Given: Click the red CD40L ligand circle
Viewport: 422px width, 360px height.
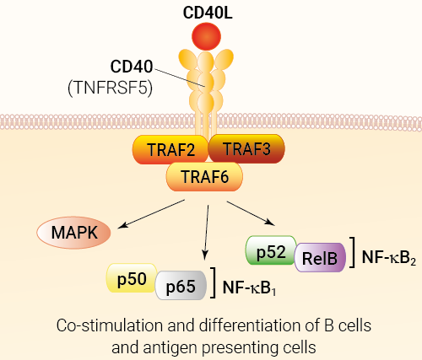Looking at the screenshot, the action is click(206, 36).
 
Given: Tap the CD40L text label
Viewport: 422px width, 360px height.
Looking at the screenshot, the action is click(208, 13).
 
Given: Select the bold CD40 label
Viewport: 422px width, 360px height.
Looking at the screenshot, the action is click(132, 67).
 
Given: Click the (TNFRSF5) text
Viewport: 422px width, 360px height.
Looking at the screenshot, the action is click(110, 88).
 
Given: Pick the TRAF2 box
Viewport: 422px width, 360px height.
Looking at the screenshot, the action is click(170, 149).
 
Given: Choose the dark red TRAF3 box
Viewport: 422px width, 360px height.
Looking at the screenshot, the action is click(246, 148).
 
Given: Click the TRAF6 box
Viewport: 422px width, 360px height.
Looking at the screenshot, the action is click(204, 177).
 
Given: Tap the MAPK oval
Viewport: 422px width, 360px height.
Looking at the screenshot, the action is click(73, 233).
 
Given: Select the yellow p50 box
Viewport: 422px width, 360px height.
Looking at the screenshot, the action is click(132, 278).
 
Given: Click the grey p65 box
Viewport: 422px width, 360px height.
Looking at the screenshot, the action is click(181, 285).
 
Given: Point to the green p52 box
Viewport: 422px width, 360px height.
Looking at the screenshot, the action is click(271, 250).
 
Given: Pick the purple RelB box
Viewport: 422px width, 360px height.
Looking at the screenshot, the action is click(320, 257).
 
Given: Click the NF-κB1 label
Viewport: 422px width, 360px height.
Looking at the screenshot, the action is click(249, 287).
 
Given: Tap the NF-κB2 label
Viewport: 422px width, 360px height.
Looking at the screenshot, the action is click(389, 257).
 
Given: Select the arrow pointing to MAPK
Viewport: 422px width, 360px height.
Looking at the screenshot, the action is click(151, 214).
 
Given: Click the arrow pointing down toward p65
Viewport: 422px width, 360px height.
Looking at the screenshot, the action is click(207, 233).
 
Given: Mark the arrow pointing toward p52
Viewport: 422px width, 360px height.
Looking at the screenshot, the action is click(251, 213).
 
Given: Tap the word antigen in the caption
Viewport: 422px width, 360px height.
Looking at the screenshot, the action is click(170, 348).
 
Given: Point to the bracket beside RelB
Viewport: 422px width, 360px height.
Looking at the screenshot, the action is click(353, 252).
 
